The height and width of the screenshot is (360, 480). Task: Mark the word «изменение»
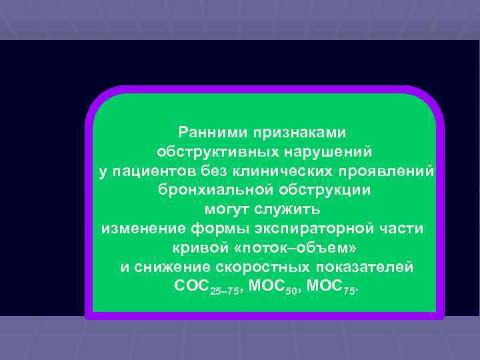[143, 229]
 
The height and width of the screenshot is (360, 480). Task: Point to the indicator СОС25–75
[203, 287]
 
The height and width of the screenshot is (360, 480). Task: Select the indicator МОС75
[337, 287]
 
